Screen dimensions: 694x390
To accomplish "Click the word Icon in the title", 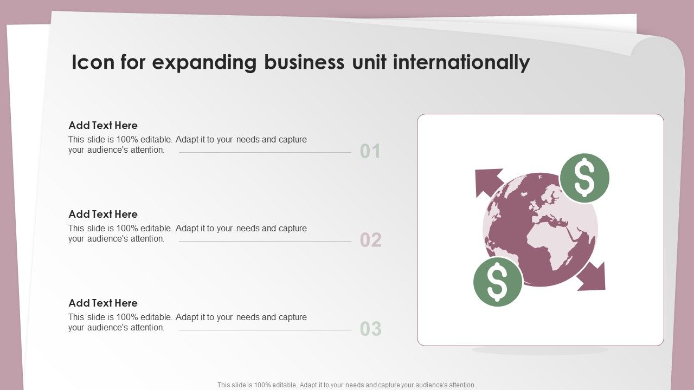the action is click(93, 62).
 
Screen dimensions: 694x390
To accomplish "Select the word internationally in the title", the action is click(461, 63).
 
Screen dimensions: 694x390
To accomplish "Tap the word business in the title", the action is click(304, 62).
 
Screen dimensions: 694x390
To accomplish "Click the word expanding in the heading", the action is click(204, 63).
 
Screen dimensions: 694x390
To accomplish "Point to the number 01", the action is click(370, 151).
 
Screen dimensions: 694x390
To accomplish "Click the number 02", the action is click(370, 240).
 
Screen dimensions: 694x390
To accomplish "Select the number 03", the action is click(370, 329).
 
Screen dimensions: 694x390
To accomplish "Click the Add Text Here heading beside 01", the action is click(103, 125).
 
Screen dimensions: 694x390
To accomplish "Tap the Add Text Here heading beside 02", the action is click(103, 214).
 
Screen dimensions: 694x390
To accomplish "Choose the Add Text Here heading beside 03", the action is click(103, 303).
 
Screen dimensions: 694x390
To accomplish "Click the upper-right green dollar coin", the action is click(584, 178).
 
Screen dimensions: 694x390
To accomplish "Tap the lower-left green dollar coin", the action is click(498, 282).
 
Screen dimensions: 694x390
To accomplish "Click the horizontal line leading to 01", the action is click(265, 152).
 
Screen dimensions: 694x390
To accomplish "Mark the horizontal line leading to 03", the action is click(265, 330).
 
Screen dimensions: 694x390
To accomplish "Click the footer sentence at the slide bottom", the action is click(347, 385).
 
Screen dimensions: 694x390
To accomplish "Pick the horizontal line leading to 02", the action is click(265, 241).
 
